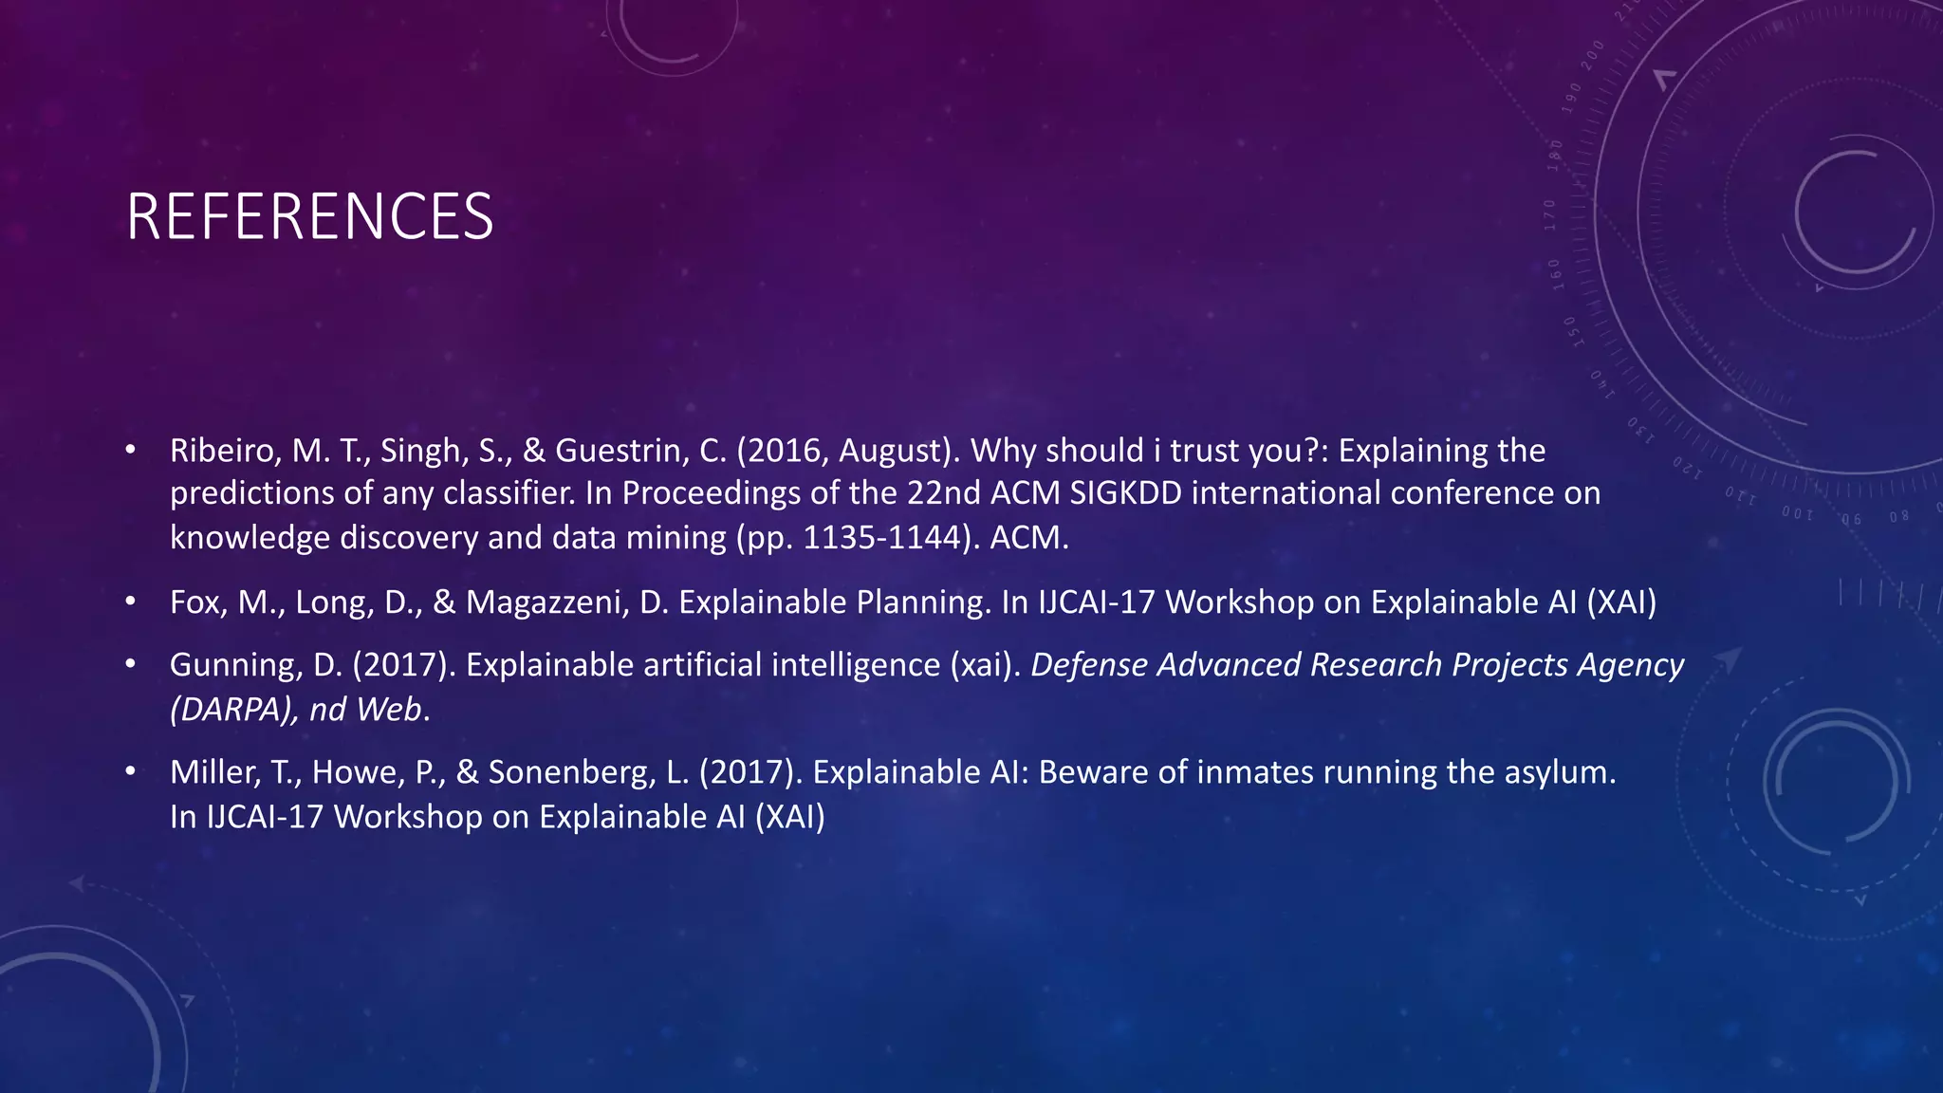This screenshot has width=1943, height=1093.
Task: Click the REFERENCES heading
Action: (x=309, y=216)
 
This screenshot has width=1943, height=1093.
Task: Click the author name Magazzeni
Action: (x=546, y=602)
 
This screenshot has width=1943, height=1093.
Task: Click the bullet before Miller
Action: (x=131, y=771)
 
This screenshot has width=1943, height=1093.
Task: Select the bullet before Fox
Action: (x=131, y=602)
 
